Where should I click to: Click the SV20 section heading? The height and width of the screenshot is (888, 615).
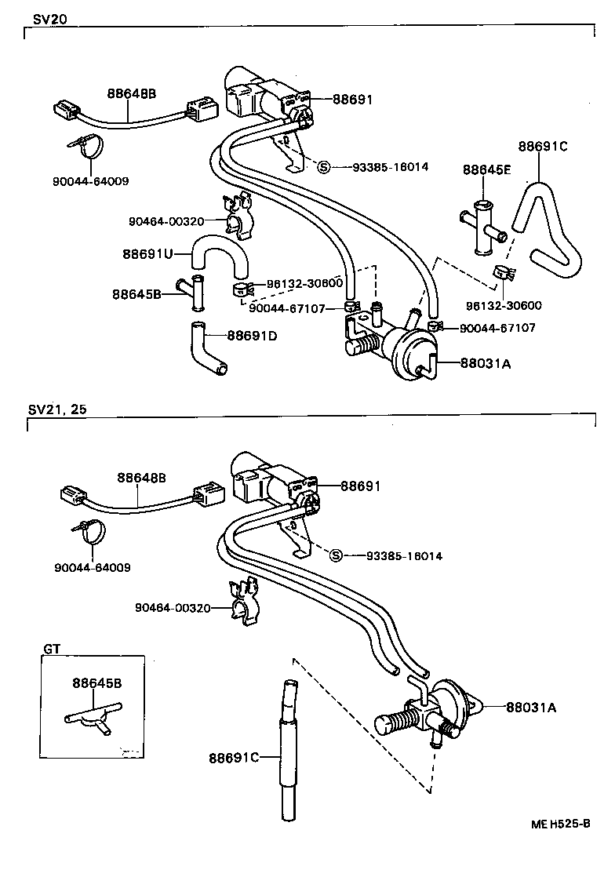coord(45,20)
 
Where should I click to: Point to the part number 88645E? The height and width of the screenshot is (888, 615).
coord(486,169)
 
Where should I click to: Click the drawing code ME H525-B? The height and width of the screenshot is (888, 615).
coord(559,824)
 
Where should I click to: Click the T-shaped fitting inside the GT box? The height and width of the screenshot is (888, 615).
coord(91,716)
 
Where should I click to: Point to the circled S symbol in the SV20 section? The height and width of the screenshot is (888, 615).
coord(323,166)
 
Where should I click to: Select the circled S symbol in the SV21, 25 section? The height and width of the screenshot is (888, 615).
coord(336,556)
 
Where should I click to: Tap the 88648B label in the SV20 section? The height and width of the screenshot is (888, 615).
coord(131,93)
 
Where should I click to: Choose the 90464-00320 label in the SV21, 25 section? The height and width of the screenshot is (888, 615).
coord(173,607)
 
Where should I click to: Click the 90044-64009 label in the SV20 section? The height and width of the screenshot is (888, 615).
coord(91,181)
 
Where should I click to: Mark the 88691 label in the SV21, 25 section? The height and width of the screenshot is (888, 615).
coord(360,486)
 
